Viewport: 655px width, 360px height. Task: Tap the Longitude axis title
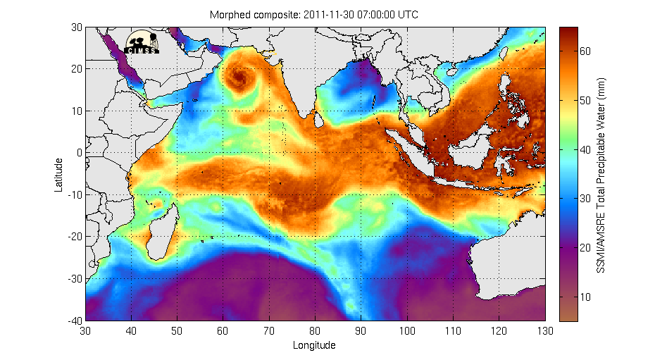pos(314,345)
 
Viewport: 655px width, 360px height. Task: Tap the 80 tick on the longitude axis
pos(316,330)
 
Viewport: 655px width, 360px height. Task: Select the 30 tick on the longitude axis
pos(86,330)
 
